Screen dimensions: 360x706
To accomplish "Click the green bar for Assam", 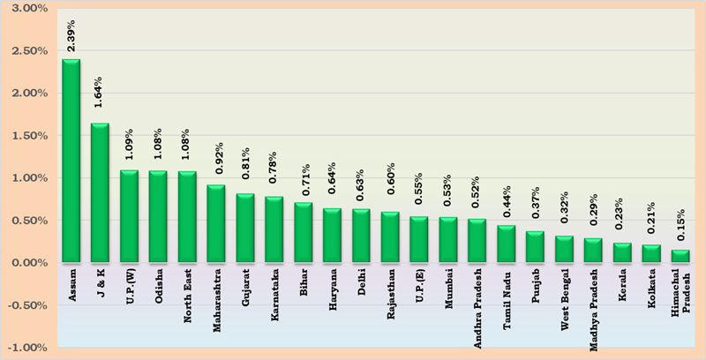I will tap(71, 161).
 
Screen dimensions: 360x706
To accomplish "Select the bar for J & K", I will tap(100, 192).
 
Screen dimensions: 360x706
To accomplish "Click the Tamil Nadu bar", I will tap(507, 244).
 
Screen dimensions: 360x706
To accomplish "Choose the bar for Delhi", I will tap(361, 236).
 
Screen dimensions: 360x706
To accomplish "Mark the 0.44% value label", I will tap(507, 205).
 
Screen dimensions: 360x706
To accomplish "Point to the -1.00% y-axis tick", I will tap(29, 347).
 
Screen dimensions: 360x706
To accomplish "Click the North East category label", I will tap(187, 297).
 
